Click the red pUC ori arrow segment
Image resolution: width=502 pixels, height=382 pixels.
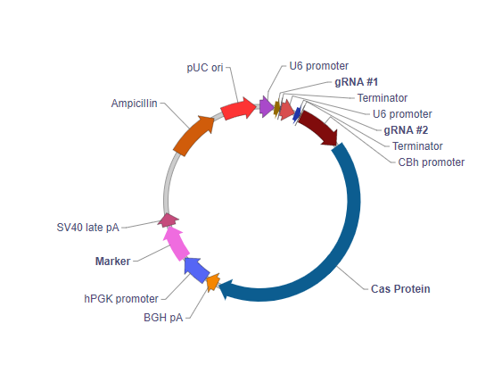pyautogui.click(x=238, y=109)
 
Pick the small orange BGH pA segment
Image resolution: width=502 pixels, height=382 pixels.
pyautogui.click(x=212, y=284)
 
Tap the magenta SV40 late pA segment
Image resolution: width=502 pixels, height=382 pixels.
pyautogui.click(x=168, y=219)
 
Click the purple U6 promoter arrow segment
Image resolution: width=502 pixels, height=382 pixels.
pyautogui.click(x=266, y=107)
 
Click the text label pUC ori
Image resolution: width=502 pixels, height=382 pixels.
pyautogui.click(x=204, y=67)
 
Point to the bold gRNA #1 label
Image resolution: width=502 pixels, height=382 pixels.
pyautogui.click(x=356, y=81)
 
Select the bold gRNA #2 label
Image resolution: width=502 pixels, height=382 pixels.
pyautogui.click(x=406, y=129)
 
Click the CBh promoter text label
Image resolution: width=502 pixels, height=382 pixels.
pyautogui.click(x=432, y=162)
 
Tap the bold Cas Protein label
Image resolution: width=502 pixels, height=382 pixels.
pyautogui.click(x=400, y=288)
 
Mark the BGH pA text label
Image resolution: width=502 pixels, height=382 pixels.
pyautogui.click(x=163, y=317)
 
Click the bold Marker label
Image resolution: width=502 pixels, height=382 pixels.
pyautogui.click(x=112, y=261)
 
